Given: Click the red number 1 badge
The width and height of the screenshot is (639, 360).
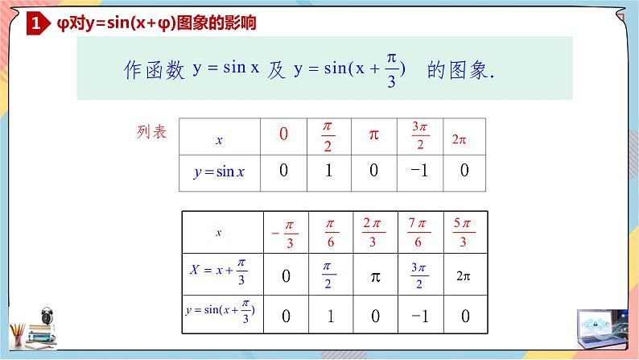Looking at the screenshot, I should pos(35,24).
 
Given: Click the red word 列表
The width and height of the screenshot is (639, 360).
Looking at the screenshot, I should pos(151,132).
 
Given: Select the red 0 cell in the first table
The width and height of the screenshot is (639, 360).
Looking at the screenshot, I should pos(283,134).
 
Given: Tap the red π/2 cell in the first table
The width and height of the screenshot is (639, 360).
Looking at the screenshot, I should pos(328,135).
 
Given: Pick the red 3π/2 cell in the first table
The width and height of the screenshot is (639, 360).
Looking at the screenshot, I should pos(418,135).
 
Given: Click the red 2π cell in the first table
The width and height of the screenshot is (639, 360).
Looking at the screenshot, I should pos(460,139).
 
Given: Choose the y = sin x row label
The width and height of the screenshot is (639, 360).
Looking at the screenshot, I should pos(219,172).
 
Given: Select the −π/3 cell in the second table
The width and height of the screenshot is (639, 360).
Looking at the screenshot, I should pos(286,233).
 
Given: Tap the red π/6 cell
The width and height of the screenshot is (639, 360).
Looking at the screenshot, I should pos(329,232).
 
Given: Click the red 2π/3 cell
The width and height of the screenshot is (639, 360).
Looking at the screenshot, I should pos(373,232).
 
